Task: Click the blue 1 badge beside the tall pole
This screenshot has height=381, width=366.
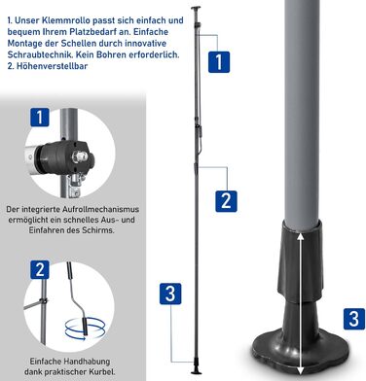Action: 219,62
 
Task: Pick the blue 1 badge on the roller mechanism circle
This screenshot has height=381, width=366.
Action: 40,118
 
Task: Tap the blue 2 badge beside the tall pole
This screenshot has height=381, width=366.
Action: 226,201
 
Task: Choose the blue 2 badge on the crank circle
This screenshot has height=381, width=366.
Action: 40,269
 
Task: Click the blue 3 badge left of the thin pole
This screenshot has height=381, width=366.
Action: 170,294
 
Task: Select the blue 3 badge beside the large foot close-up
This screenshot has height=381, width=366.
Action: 354,319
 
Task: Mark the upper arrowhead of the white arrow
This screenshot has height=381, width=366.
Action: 301,236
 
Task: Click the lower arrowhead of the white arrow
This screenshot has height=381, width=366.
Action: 301,369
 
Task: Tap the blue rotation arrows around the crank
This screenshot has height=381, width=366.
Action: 85,328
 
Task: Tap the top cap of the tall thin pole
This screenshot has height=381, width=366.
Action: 196,8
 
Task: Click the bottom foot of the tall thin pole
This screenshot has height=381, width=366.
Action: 196,370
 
